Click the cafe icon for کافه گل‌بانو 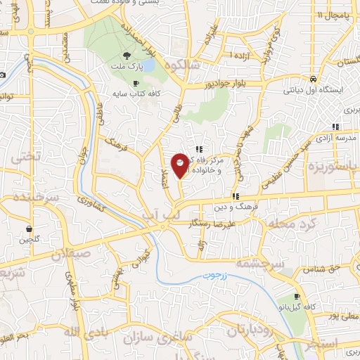297,297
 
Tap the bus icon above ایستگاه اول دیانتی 312,79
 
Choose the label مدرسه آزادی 333,139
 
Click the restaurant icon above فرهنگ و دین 236,197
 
